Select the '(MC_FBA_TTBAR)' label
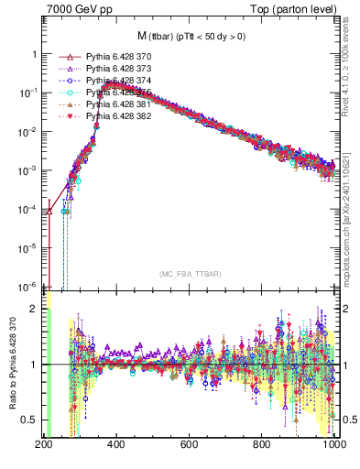pos(190,275)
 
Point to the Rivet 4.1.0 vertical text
pos(352,69)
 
